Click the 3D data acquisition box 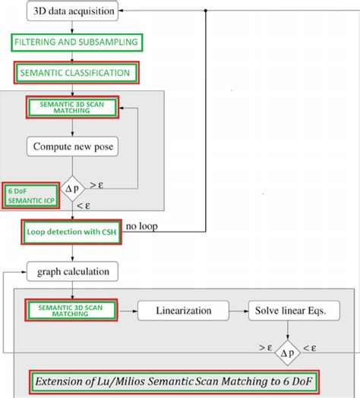click(72, 11)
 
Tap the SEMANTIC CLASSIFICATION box click(76, 73)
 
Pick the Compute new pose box click(71, 145)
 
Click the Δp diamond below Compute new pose click(71, 186)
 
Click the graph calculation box click(71, 270)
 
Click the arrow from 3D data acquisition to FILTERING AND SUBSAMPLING click(71, 27)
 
